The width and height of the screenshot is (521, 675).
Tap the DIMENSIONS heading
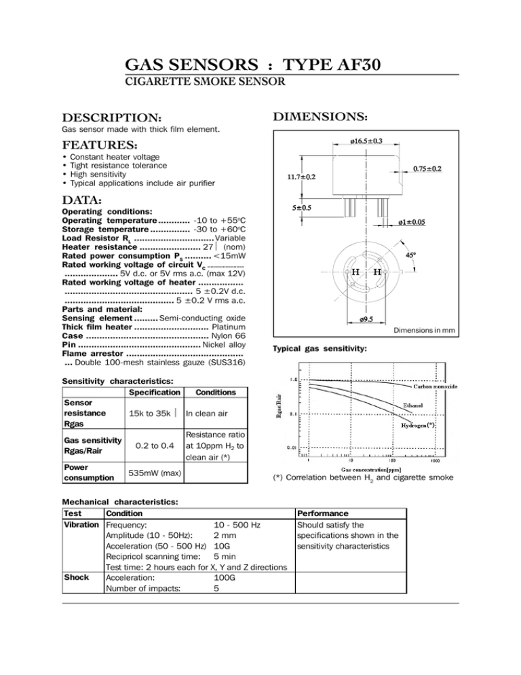point(321,117)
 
